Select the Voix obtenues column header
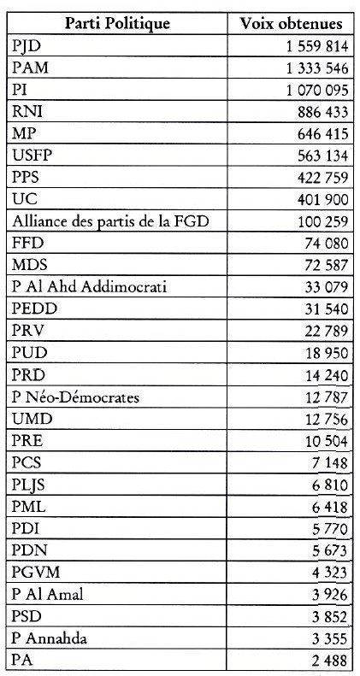click(291, 23)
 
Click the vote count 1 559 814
click(315, 45)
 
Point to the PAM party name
click(31, 67)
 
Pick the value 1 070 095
click(315, 89)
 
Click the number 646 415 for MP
click(321, 132)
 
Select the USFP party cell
click(34, 155)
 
